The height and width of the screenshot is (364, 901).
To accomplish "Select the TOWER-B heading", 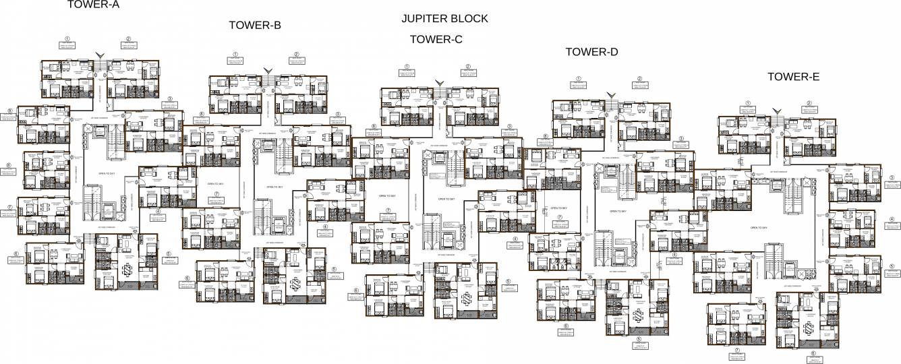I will (255, 26).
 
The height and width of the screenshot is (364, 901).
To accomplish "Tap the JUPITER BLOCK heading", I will (444, 19).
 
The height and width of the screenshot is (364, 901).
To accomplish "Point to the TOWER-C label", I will (436, 40).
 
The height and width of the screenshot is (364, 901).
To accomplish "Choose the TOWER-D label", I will (591, 52).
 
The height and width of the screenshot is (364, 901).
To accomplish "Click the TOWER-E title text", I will (793, 77).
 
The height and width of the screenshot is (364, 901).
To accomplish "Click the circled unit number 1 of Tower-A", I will (67, 39).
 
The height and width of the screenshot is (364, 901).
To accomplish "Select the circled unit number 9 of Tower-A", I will (9, 111).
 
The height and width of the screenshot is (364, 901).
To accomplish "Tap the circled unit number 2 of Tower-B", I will (296, 55).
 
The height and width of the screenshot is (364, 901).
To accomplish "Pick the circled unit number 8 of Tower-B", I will (202, 115).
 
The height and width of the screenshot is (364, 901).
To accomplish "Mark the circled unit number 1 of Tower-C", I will (407, 67).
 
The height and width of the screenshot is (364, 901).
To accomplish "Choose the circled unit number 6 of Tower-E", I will (813, 353).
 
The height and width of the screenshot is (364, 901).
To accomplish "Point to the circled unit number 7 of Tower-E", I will (738, 351).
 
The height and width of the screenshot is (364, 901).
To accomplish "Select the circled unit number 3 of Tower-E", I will (891, 179).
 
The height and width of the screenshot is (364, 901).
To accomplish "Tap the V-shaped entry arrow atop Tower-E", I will (777, 112).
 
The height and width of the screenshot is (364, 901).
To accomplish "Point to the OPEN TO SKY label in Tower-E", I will (759, 228).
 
